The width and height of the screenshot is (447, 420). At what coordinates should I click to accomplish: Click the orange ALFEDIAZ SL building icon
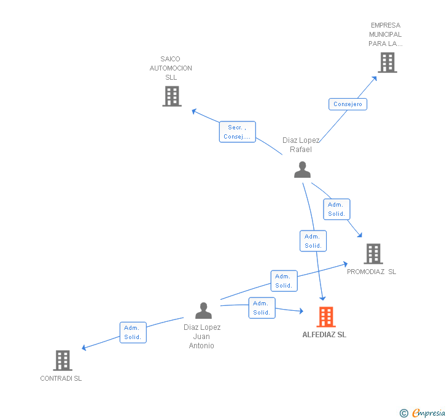326,317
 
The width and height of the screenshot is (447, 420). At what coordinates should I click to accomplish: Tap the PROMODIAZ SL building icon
373,253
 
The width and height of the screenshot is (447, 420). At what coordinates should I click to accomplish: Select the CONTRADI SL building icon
63,361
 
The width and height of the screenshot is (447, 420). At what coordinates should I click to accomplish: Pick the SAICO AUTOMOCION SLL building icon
172,96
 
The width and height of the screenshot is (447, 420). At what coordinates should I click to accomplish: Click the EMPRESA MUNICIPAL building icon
387,63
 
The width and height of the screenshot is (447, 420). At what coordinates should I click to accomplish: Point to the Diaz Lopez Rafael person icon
302,170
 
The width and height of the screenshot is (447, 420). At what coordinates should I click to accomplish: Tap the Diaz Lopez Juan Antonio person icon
203,311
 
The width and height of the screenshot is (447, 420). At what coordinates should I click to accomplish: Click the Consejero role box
348,104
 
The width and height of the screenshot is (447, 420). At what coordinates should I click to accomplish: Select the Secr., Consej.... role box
237,132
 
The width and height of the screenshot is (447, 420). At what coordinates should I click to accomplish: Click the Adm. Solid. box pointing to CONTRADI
133,332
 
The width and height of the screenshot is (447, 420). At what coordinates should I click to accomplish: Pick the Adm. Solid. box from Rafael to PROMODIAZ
336,209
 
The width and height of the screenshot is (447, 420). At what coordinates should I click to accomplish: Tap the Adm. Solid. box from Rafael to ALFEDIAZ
313,241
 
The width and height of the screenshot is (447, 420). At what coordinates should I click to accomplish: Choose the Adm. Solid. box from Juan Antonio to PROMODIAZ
284,281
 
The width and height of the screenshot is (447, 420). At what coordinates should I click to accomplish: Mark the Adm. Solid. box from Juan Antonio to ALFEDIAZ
262,308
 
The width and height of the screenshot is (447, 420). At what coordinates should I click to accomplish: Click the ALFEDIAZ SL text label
324,335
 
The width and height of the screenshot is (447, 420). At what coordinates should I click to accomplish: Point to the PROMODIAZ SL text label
371,272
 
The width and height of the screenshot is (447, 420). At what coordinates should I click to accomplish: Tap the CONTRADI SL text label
61,378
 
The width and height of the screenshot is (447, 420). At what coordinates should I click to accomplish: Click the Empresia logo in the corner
428,413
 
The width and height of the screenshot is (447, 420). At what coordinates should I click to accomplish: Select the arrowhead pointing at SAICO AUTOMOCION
193,111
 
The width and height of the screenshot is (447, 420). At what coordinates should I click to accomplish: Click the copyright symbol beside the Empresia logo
404,413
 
